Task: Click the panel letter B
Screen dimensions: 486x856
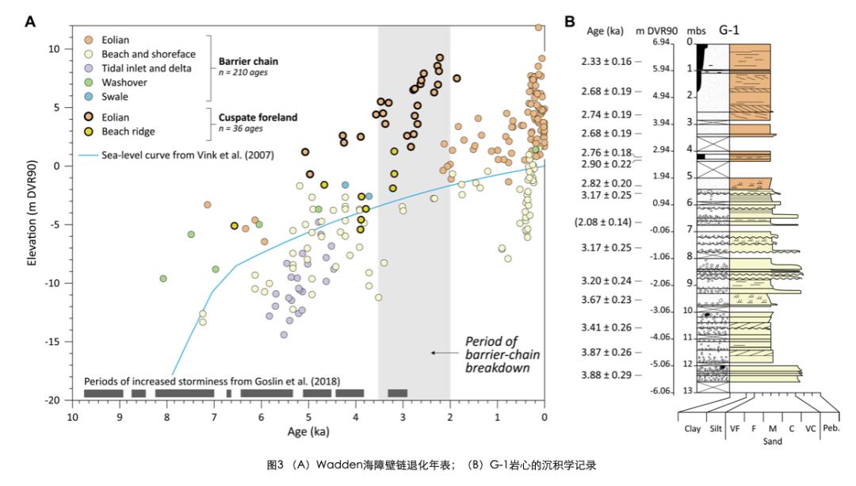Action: [x=569, y=21]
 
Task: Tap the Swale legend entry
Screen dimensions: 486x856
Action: [x=116, y=97]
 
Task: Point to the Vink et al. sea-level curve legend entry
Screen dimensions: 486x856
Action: [x=188, y=155]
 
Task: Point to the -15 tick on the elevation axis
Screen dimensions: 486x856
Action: [x=53, y=342]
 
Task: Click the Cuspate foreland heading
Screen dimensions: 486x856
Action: [x=258, y=117]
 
